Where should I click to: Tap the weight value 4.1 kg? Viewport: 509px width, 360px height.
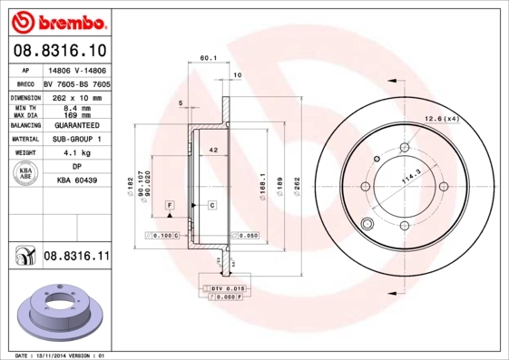click(77, 153)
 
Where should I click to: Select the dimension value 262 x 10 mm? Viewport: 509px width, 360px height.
click(77, 97)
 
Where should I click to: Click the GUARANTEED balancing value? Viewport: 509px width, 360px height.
click(77, 125)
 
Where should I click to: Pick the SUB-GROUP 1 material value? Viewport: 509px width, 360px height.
click(77, 139)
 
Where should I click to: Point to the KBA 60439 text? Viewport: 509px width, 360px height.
click(77, 180)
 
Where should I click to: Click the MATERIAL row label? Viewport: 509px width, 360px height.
click(24, 139)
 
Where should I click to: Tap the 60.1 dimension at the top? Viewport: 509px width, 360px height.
click(207, 59)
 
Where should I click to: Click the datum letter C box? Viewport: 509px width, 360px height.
click(211, 206)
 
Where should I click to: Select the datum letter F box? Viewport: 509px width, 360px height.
click(169, 207)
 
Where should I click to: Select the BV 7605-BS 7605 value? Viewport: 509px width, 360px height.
click(77, 83)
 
